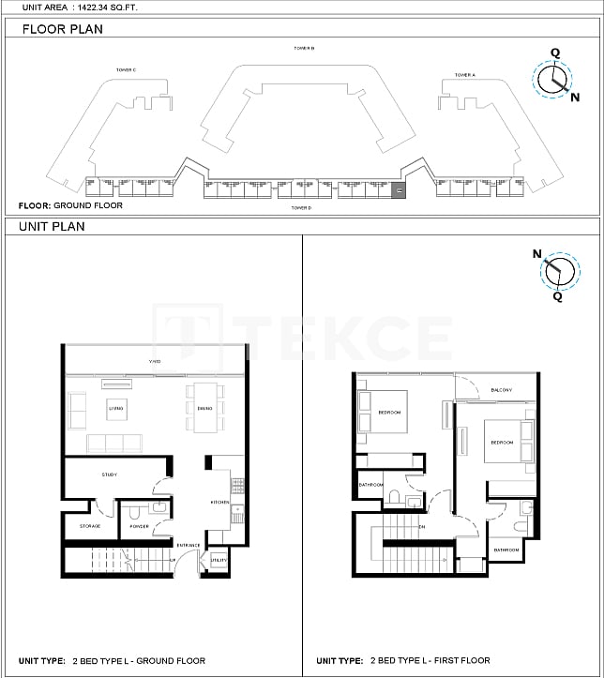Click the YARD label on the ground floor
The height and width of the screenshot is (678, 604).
pyautogui.click(x=155, y=362)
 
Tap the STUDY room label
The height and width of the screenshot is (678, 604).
pyautogui.click(x=110, y=475)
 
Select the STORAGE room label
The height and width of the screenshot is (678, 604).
pyautogui.click(x=90, y=526)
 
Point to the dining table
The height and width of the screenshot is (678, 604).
pyautogui.click(x=204, y=408)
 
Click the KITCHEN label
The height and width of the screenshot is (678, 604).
pyautogui.click(x=219, y=503)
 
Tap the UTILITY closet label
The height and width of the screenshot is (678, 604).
pyautogui.click(x=219, y=560)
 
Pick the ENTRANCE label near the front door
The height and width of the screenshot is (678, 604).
pyautogui.click(x=188, y=545)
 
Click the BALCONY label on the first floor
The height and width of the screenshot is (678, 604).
pyautogui.click(x=501, y=390)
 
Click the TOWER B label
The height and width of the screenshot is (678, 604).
pyautogui.click(x=303, y=48)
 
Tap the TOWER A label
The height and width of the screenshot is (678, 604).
pyautogui.click(x=465, y=75)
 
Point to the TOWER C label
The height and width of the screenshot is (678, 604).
pyautogui.click(x=127, y=69)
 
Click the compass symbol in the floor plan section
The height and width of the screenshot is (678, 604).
pyautogui.click(x=553, y=81)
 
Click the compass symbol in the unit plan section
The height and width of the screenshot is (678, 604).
pyautogui.click(x=560, y=270)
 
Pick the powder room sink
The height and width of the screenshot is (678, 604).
pyautogui.click(x=160, y=508)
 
